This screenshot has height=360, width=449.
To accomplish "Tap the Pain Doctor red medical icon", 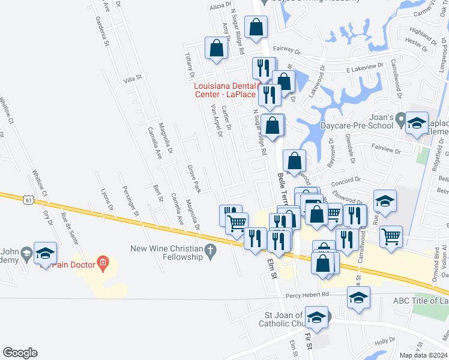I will [103, 262].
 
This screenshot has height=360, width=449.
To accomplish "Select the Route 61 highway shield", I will [29, 200].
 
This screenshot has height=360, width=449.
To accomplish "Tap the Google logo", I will [20, 353].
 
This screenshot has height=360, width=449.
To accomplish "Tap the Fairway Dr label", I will [286, 51].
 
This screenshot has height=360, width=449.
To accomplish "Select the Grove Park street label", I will [193, 179].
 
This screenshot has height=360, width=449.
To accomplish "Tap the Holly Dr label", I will [382, 341].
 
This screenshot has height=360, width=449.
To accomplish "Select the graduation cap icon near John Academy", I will [45, 253].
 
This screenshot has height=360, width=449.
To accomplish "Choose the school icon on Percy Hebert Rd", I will [358, 297].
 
